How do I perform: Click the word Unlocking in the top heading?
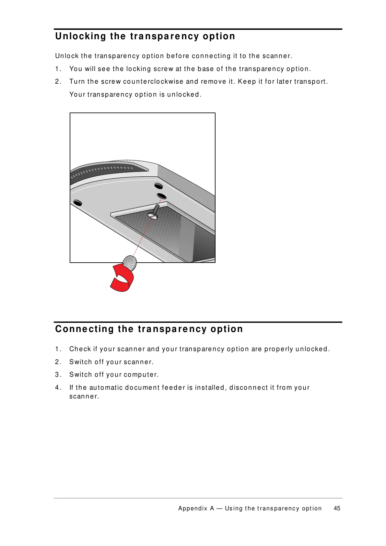click(80, 36)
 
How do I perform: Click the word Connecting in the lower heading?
click(84, 329)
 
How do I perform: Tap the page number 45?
click(337, 508)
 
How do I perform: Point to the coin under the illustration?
click(130, 263)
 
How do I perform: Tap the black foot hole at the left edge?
click(78, 203)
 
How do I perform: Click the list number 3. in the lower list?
click(58, 375)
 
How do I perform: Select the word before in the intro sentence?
click(178, 56)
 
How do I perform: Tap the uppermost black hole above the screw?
click(158, 186)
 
